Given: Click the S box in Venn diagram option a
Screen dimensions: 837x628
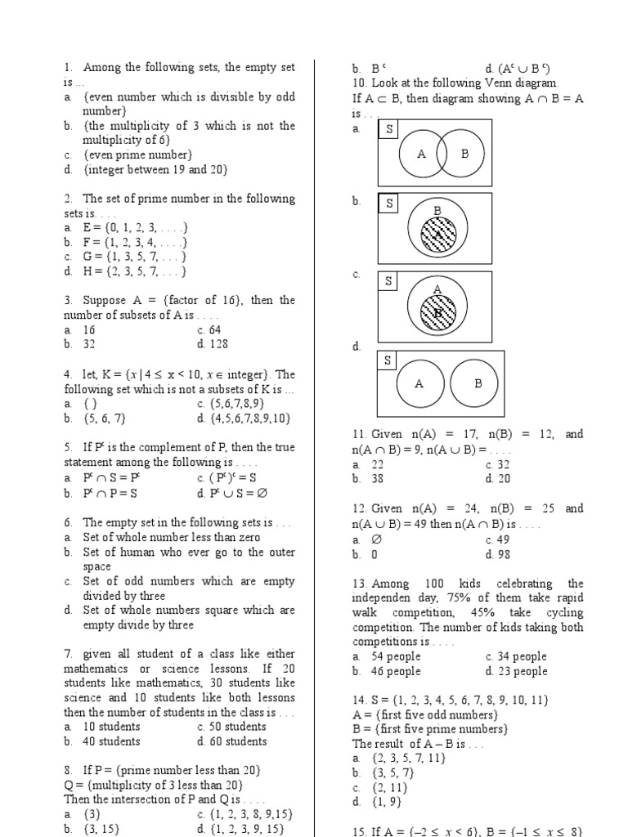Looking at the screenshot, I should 389,130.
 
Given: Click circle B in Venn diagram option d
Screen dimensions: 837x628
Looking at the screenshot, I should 478,383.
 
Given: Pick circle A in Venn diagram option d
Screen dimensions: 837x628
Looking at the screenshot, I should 419,383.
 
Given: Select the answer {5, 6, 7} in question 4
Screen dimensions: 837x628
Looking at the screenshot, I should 102,418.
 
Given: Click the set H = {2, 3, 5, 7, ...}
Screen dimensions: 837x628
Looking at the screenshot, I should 135,271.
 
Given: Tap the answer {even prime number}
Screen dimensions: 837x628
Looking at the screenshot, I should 137,154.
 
